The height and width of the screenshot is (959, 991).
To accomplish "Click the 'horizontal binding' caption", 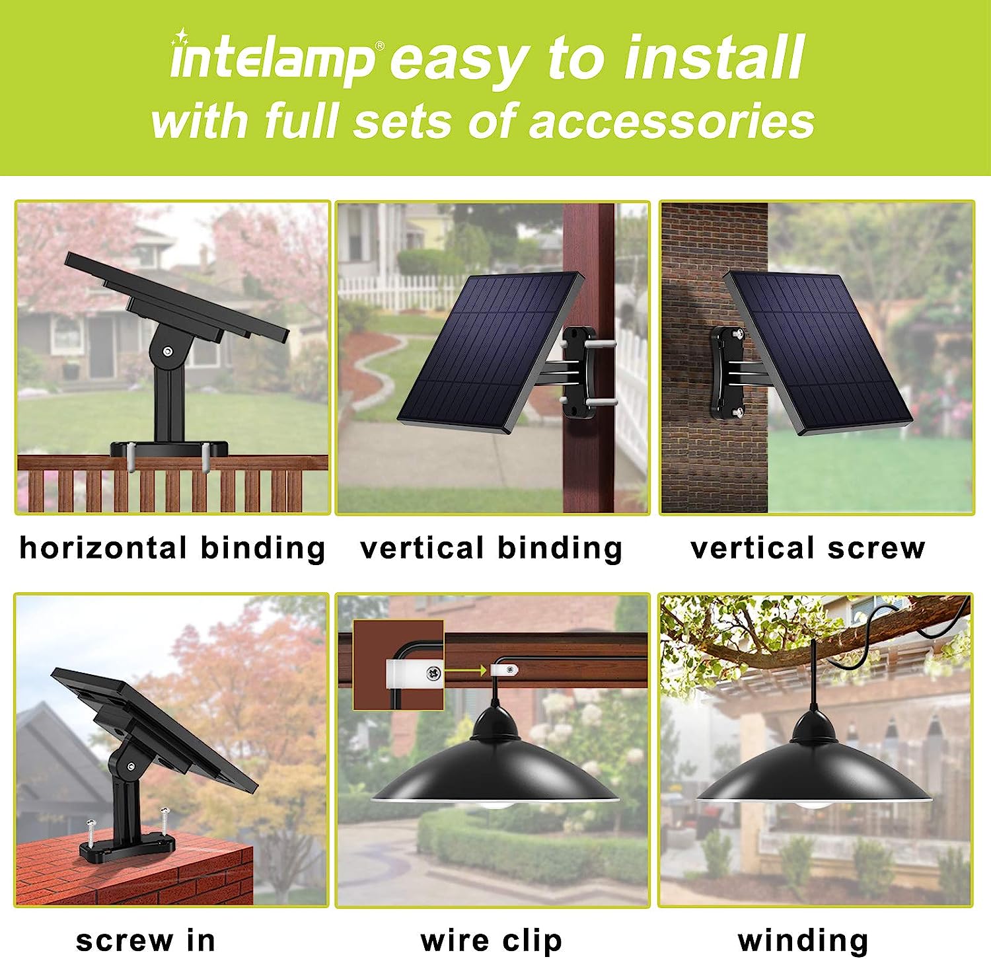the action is click(172, 549).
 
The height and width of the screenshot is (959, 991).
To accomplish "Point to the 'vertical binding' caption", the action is click(492, 549).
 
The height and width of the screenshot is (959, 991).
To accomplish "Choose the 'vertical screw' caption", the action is click(807, 548).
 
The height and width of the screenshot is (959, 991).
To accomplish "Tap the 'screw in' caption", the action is click(146, 940).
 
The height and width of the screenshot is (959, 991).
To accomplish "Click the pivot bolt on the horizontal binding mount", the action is click(169, 351).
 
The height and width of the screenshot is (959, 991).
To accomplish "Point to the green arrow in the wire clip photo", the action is click(466, 671).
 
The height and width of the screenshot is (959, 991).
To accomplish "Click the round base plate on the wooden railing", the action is click(169, 449).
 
